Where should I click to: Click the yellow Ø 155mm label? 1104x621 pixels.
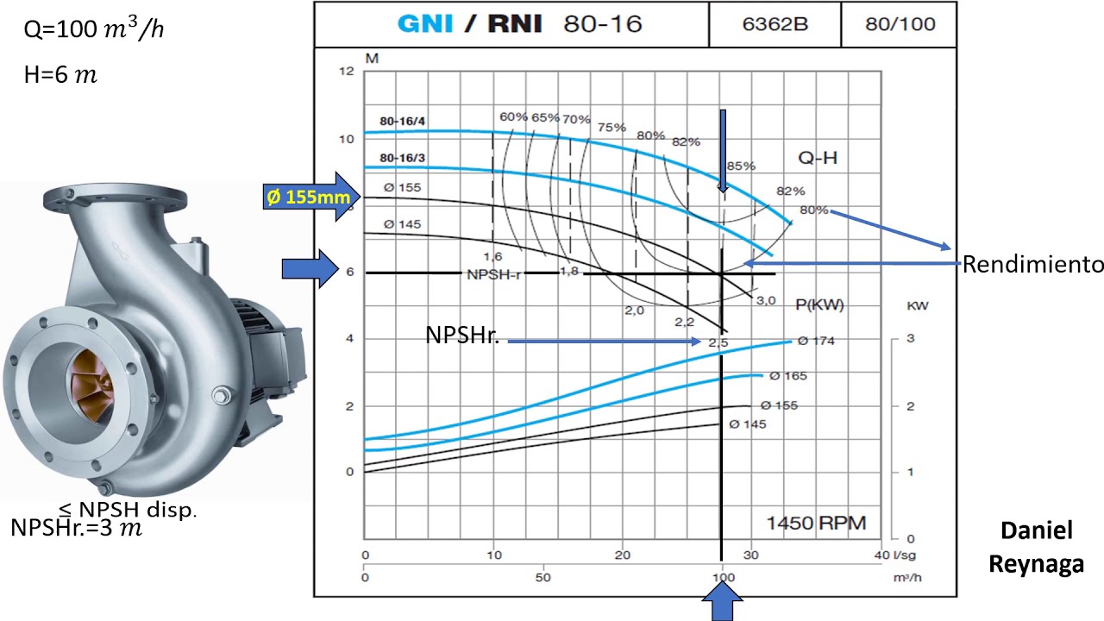click(309, 198)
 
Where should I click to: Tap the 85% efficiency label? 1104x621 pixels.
click(741, 166)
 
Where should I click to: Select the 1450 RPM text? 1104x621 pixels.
click(816, 523)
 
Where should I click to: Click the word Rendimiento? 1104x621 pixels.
click(1033, 264)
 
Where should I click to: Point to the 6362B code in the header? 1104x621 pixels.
click(775, 24)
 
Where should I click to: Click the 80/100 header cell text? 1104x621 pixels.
click(900, 24)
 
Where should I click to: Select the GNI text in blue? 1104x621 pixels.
click(425, 23)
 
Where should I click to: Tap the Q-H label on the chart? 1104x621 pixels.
click(818, 158)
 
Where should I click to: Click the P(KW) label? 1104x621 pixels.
click(819, 305)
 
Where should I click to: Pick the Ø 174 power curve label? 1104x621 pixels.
click(816, 341)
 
